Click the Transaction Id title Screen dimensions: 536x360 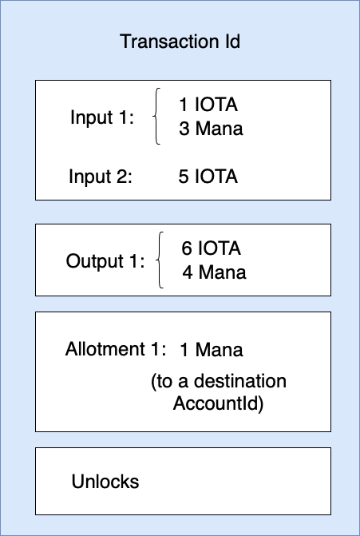click(x=180, y=42)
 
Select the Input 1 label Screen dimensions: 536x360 click(x=102, y=117)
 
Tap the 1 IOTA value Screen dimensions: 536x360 click(x=208, y=105)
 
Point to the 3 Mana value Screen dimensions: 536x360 click(x=211, y=129)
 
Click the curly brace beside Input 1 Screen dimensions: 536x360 click(x=158, y=117)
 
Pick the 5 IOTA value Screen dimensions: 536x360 click(x=208, y=177)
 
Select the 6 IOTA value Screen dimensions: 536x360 click(x=212, y=248)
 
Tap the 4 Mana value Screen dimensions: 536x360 click(x=214, y=272)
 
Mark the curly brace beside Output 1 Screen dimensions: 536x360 click(x=162, y=260)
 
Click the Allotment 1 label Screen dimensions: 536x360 click(x=116, y=350)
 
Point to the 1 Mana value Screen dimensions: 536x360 click(x=211, y=350)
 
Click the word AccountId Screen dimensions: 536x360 click(x=218, y=403)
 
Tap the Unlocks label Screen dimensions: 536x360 click(x=105, y=482)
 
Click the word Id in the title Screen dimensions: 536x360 click(x=231, y=42)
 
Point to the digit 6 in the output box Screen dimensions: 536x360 click(x=186, y=248)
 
